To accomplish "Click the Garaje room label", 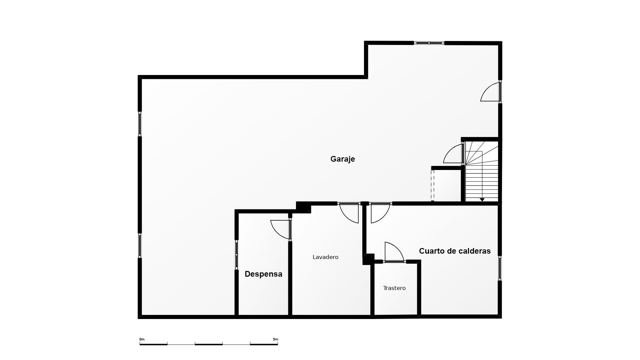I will (x=342, y=159).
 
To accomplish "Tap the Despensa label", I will (x=263, y=274).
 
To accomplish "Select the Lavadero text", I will (x=325, y=257).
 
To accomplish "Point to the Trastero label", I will (x=394, y=288).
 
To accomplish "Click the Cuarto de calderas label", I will (x=455, y=251).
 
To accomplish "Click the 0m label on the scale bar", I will (x=142, y=339).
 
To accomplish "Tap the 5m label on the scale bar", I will (x=275, y=339).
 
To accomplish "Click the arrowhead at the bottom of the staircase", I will (x=482, y=200).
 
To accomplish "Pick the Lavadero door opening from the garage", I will (x=349, y=213).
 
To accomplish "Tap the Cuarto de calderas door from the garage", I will (x=380, y=213).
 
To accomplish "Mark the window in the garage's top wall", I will (x=429, y=43).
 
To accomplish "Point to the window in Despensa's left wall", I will (x=237, y=255).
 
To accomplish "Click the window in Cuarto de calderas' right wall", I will (x=500, y=268).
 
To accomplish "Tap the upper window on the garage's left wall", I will (x=140, y=124).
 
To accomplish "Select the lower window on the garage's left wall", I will (x=140, y=245).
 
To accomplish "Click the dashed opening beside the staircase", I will (x=432, y=185).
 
